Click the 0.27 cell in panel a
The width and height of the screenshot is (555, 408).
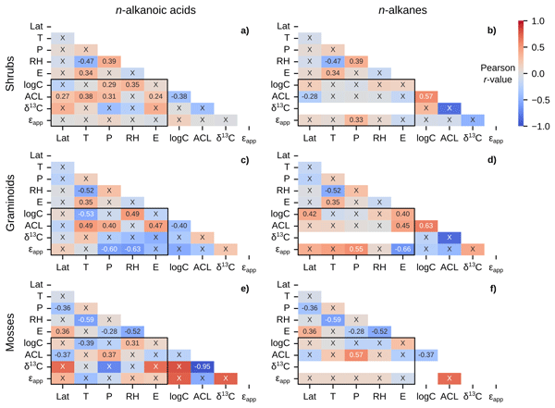click(62, 96)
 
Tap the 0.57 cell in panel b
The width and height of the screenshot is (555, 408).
click(426, 96)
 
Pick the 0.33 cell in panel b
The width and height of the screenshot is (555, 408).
click(356, 119)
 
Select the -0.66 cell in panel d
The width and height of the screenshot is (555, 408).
click(403, 249)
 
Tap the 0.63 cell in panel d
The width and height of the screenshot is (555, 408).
click(426, 226)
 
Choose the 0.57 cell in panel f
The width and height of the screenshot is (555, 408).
click(356, 355)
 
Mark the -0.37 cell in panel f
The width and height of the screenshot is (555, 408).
click(426, 355)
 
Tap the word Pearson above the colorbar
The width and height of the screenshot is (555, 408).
click(500, 68)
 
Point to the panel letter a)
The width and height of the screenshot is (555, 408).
click(244, 31)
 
